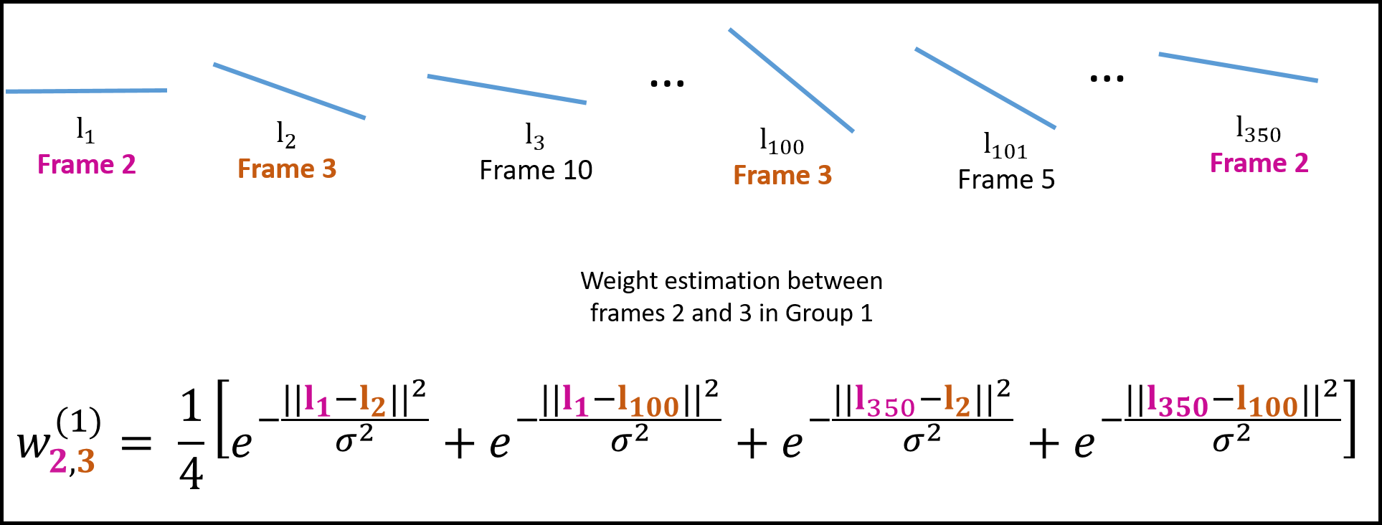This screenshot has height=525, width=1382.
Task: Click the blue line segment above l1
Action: click(x=86, y=91)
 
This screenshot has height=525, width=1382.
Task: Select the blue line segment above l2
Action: click(x=289, y=91)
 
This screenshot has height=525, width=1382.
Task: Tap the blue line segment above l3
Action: click(x=506, y=89)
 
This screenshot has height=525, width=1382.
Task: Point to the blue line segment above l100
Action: click(x=791, y=80)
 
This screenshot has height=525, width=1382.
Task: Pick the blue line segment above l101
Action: click(x=985, y=88)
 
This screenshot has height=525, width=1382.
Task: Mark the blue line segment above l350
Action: click(x=1238, y=67)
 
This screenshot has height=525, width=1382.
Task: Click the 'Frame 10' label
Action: click(x=536, y=171)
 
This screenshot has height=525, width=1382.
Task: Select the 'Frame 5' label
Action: click(x=1006, y=179)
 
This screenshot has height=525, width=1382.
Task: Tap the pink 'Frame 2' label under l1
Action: click(x=86, y=165)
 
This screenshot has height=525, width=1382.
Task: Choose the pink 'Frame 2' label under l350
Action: click(x=1259, y=164)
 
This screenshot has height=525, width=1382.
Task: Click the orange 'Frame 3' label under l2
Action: click(x=287, y=169)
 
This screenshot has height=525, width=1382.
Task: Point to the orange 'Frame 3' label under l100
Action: click(x=782, y=176)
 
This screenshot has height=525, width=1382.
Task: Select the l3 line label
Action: click(x=534, y=136)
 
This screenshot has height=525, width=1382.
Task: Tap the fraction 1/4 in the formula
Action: click(x=191, y=439)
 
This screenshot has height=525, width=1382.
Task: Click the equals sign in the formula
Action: click(x=136, y=444)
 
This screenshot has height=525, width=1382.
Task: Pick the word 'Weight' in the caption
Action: click(x=619, y=280)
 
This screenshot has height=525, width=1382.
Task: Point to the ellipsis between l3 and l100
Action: click(x=667, y=84)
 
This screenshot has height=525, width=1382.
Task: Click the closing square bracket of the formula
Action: click(x=1349, y=419)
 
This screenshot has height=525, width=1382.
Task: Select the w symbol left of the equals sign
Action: click(x=34, y=445)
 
